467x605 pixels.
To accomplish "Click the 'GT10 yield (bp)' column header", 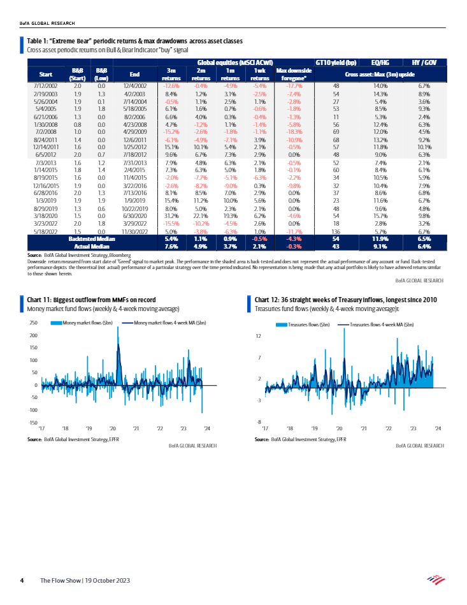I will (x=336, y=62).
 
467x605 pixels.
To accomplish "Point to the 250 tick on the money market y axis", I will (x=34, y=323).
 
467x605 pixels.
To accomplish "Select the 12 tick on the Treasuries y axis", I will (x=259, y=335).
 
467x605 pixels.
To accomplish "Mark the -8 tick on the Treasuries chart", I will (x=259, y=423).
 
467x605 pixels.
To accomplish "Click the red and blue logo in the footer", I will (x=435, y=579).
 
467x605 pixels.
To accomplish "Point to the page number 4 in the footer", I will (x=22, y=581).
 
